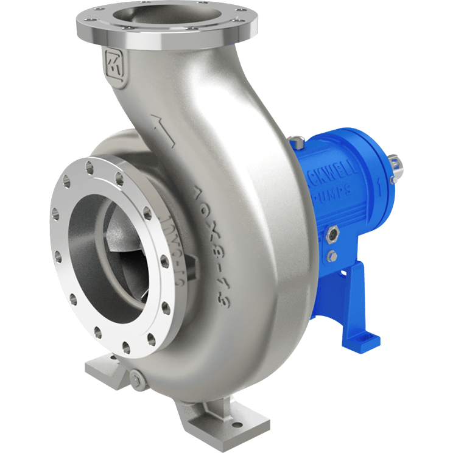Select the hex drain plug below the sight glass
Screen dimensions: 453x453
(331, 256)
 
